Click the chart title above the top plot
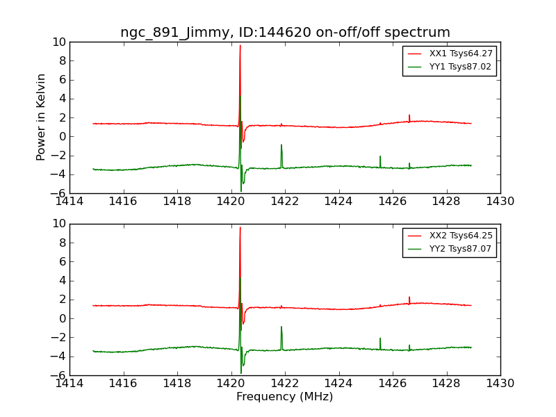pos(285,33)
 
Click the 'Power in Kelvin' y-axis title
pos(42,117)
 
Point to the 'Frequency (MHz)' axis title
pos(285,397)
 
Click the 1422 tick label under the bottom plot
pos(285,384)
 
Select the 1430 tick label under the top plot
pos(500,202)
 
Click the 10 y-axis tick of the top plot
pos(58,42)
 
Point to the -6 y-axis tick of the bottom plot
pos(58,375)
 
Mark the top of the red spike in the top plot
pos(240,46)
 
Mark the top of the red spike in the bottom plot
pos(240,228)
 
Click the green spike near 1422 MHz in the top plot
pos(281,146)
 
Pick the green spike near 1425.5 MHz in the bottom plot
pos(380,339)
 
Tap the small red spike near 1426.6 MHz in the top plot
pos(409,116)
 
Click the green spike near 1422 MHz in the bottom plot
pos(281,328)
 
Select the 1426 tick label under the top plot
pos(393,202)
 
